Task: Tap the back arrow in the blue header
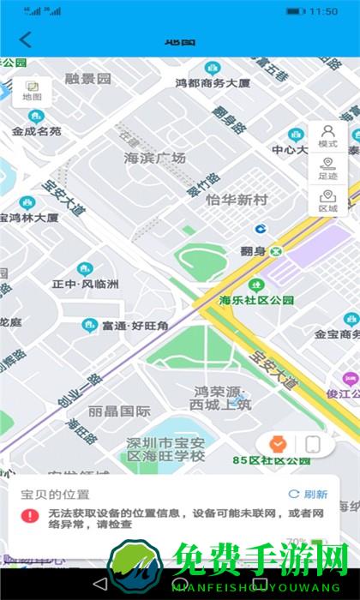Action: (25, 39)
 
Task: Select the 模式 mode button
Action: (327, 136)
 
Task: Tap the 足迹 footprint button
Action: (327, 168)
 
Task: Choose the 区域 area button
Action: (327, 201)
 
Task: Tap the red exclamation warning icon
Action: (30, 515)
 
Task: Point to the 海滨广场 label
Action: (155, 158)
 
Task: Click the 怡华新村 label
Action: (237, 200)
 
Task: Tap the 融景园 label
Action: (88, 78)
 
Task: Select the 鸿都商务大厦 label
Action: (213, 82)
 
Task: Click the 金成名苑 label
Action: (37, 131)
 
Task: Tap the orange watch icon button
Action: (277, 444)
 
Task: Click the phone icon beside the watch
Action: (313, 444)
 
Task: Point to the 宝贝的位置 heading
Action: (55, 495)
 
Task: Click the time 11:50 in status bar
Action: (323, 11)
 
